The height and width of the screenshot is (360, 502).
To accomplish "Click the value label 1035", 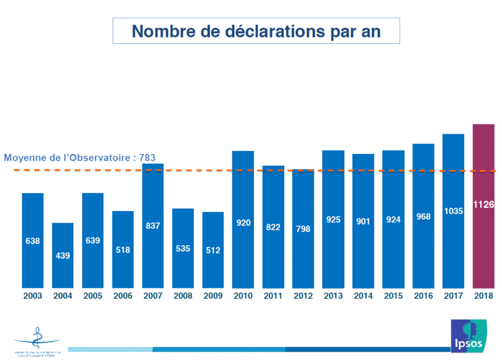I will coord(453,211).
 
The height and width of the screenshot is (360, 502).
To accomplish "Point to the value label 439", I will coord(62,255).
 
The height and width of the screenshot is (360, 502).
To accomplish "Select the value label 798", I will coord(303,229).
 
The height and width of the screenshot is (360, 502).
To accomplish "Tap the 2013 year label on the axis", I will coord(333,296).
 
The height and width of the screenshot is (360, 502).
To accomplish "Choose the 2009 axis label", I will coord(213,296).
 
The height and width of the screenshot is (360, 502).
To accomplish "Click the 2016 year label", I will coord(423,296).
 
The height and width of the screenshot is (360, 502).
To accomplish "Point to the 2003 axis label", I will coord(32,296).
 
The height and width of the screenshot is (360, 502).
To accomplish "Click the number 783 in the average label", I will coord(147,158).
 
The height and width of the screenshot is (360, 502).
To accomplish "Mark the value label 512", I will coord(213,249).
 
